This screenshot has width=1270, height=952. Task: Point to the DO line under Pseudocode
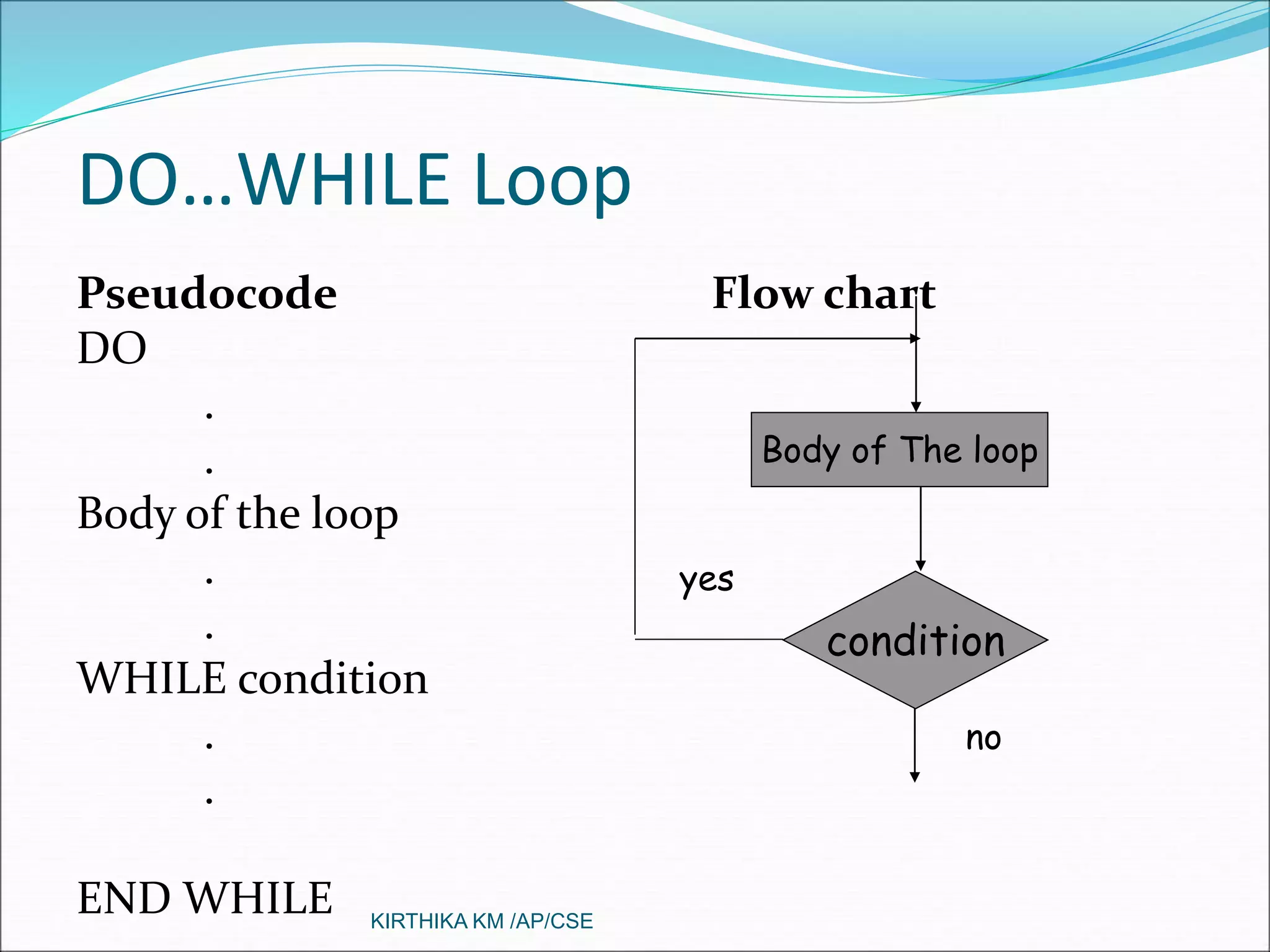pos(112,348)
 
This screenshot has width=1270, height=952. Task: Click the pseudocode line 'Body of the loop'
pos(238,514)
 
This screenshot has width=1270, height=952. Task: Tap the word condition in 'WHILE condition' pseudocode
pos(333,678)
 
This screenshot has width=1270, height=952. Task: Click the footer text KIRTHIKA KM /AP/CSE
pos(481,921)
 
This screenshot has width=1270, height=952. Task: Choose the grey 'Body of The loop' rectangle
pos(899,449)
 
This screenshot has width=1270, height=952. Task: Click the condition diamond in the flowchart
pos(915,640)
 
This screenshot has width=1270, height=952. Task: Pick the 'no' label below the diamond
pos(984,739)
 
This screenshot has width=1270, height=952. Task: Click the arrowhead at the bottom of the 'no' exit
pos(914,777)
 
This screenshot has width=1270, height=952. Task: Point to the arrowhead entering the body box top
pos(916,407)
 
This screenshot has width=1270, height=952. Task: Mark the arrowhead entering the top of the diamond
pos(920,565)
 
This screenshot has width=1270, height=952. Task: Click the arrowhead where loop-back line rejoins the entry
pos(914,338)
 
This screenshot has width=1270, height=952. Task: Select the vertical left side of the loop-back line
pos(635,490)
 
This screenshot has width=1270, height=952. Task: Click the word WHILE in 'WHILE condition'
pos(152,678)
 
